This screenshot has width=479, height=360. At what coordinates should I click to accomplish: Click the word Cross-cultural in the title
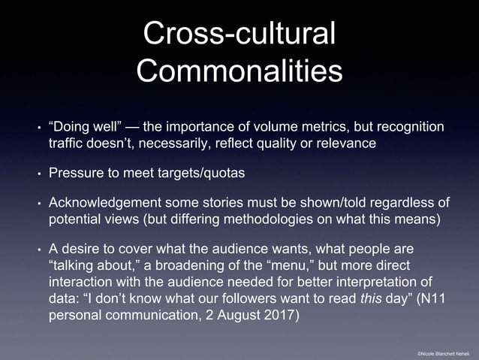239,35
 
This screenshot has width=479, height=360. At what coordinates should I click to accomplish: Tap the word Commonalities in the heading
239,72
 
